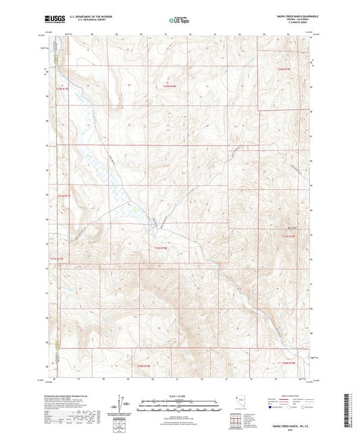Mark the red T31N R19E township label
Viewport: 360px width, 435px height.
[x=288, y=236]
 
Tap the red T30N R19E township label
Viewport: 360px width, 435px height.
[x=288, y=364]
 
